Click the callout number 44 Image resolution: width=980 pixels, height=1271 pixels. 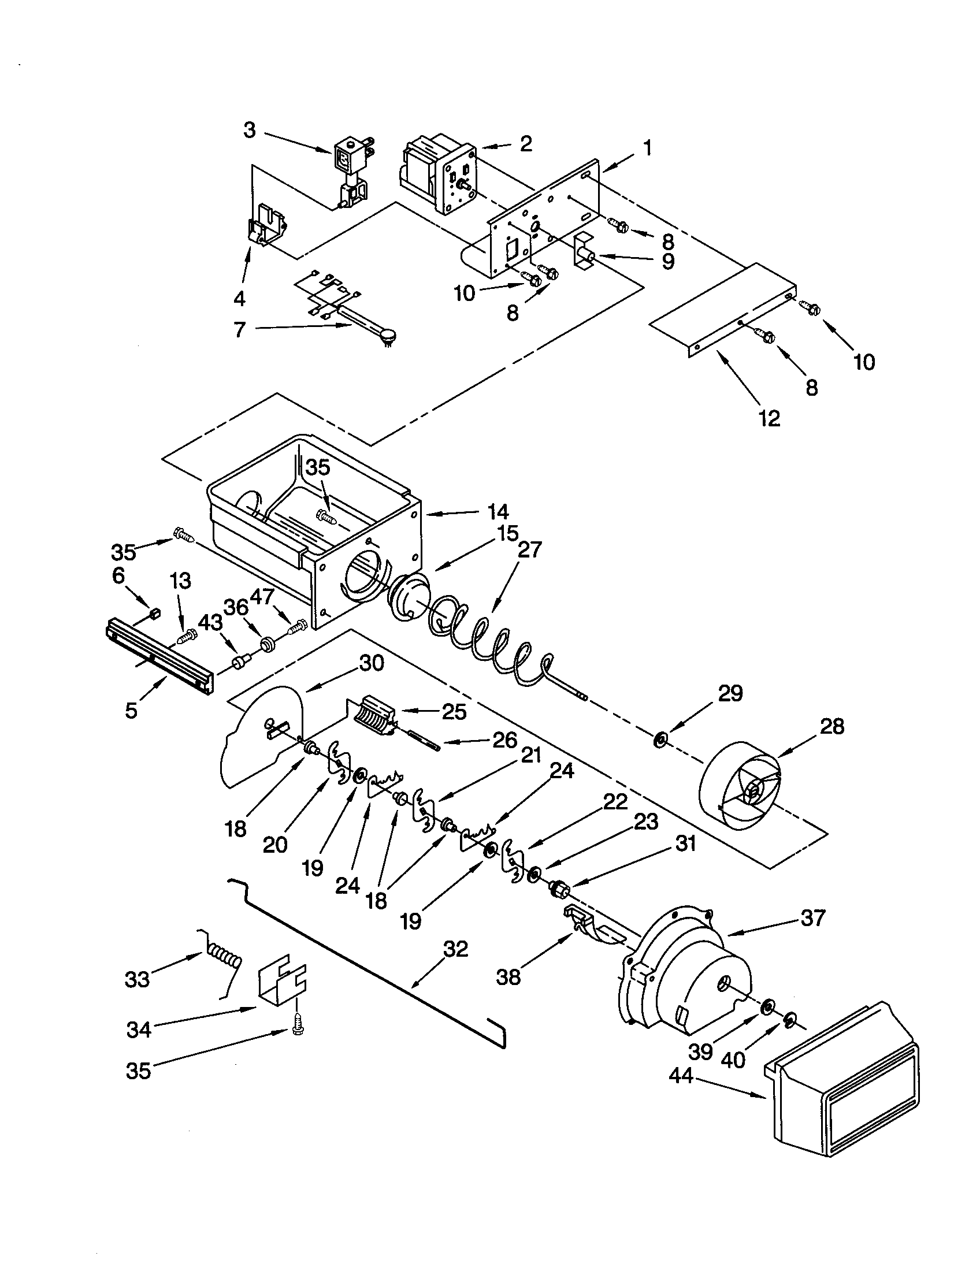point(680,1076)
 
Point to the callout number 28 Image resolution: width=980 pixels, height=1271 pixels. point(831,726)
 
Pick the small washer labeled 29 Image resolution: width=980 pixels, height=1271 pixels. point(660,741)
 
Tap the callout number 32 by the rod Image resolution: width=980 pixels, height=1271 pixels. point(455,949)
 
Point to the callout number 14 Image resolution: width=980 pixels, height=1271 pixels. point(498,512)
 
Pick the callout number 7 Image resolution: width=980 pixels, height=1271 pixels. point(240,330)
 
